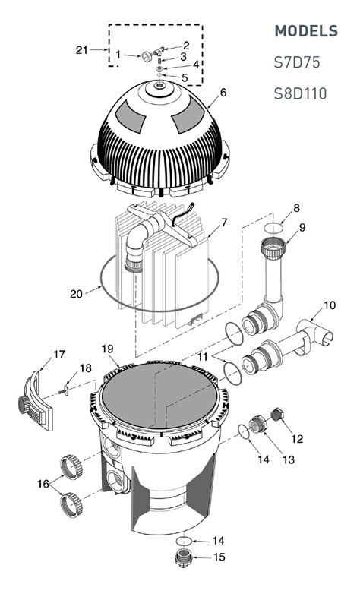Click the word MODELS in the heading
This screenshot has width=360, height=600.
point(305,31)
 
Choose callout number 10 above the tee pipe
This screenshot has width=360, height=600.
point(329,305)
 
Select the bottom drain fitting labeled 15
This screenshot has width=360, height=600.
point(183,561)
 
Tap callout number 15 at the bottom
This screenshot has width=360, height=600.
point(219,559)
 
